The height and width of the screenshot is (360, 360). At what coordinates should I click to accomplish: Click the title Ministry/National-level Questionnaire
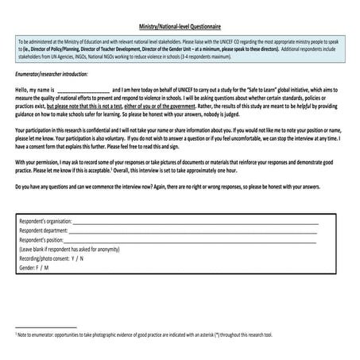180,26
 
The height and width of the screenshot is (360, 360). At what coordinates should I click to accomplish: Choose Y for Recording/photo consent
72,258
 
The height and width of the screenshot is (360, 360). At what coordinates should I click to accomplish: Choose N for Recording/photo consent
81,258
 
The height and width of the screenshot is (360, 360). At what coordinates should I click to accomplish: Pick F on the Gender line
38,268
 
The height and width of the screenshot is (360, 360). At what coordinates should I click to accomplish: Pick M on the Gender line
46,268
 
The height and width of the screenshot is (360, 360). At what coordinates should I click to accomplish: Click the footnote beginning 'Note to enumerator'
144,335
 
